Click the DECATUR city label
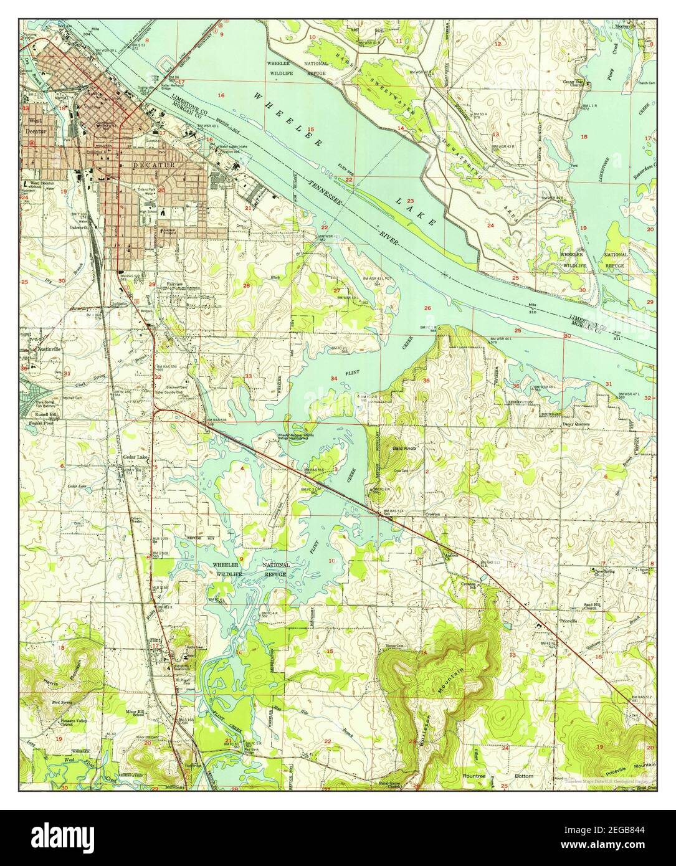pyautogui.click(x=147, y=165)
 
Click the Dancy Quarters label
pyautogui.click(x=576, y=424)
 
